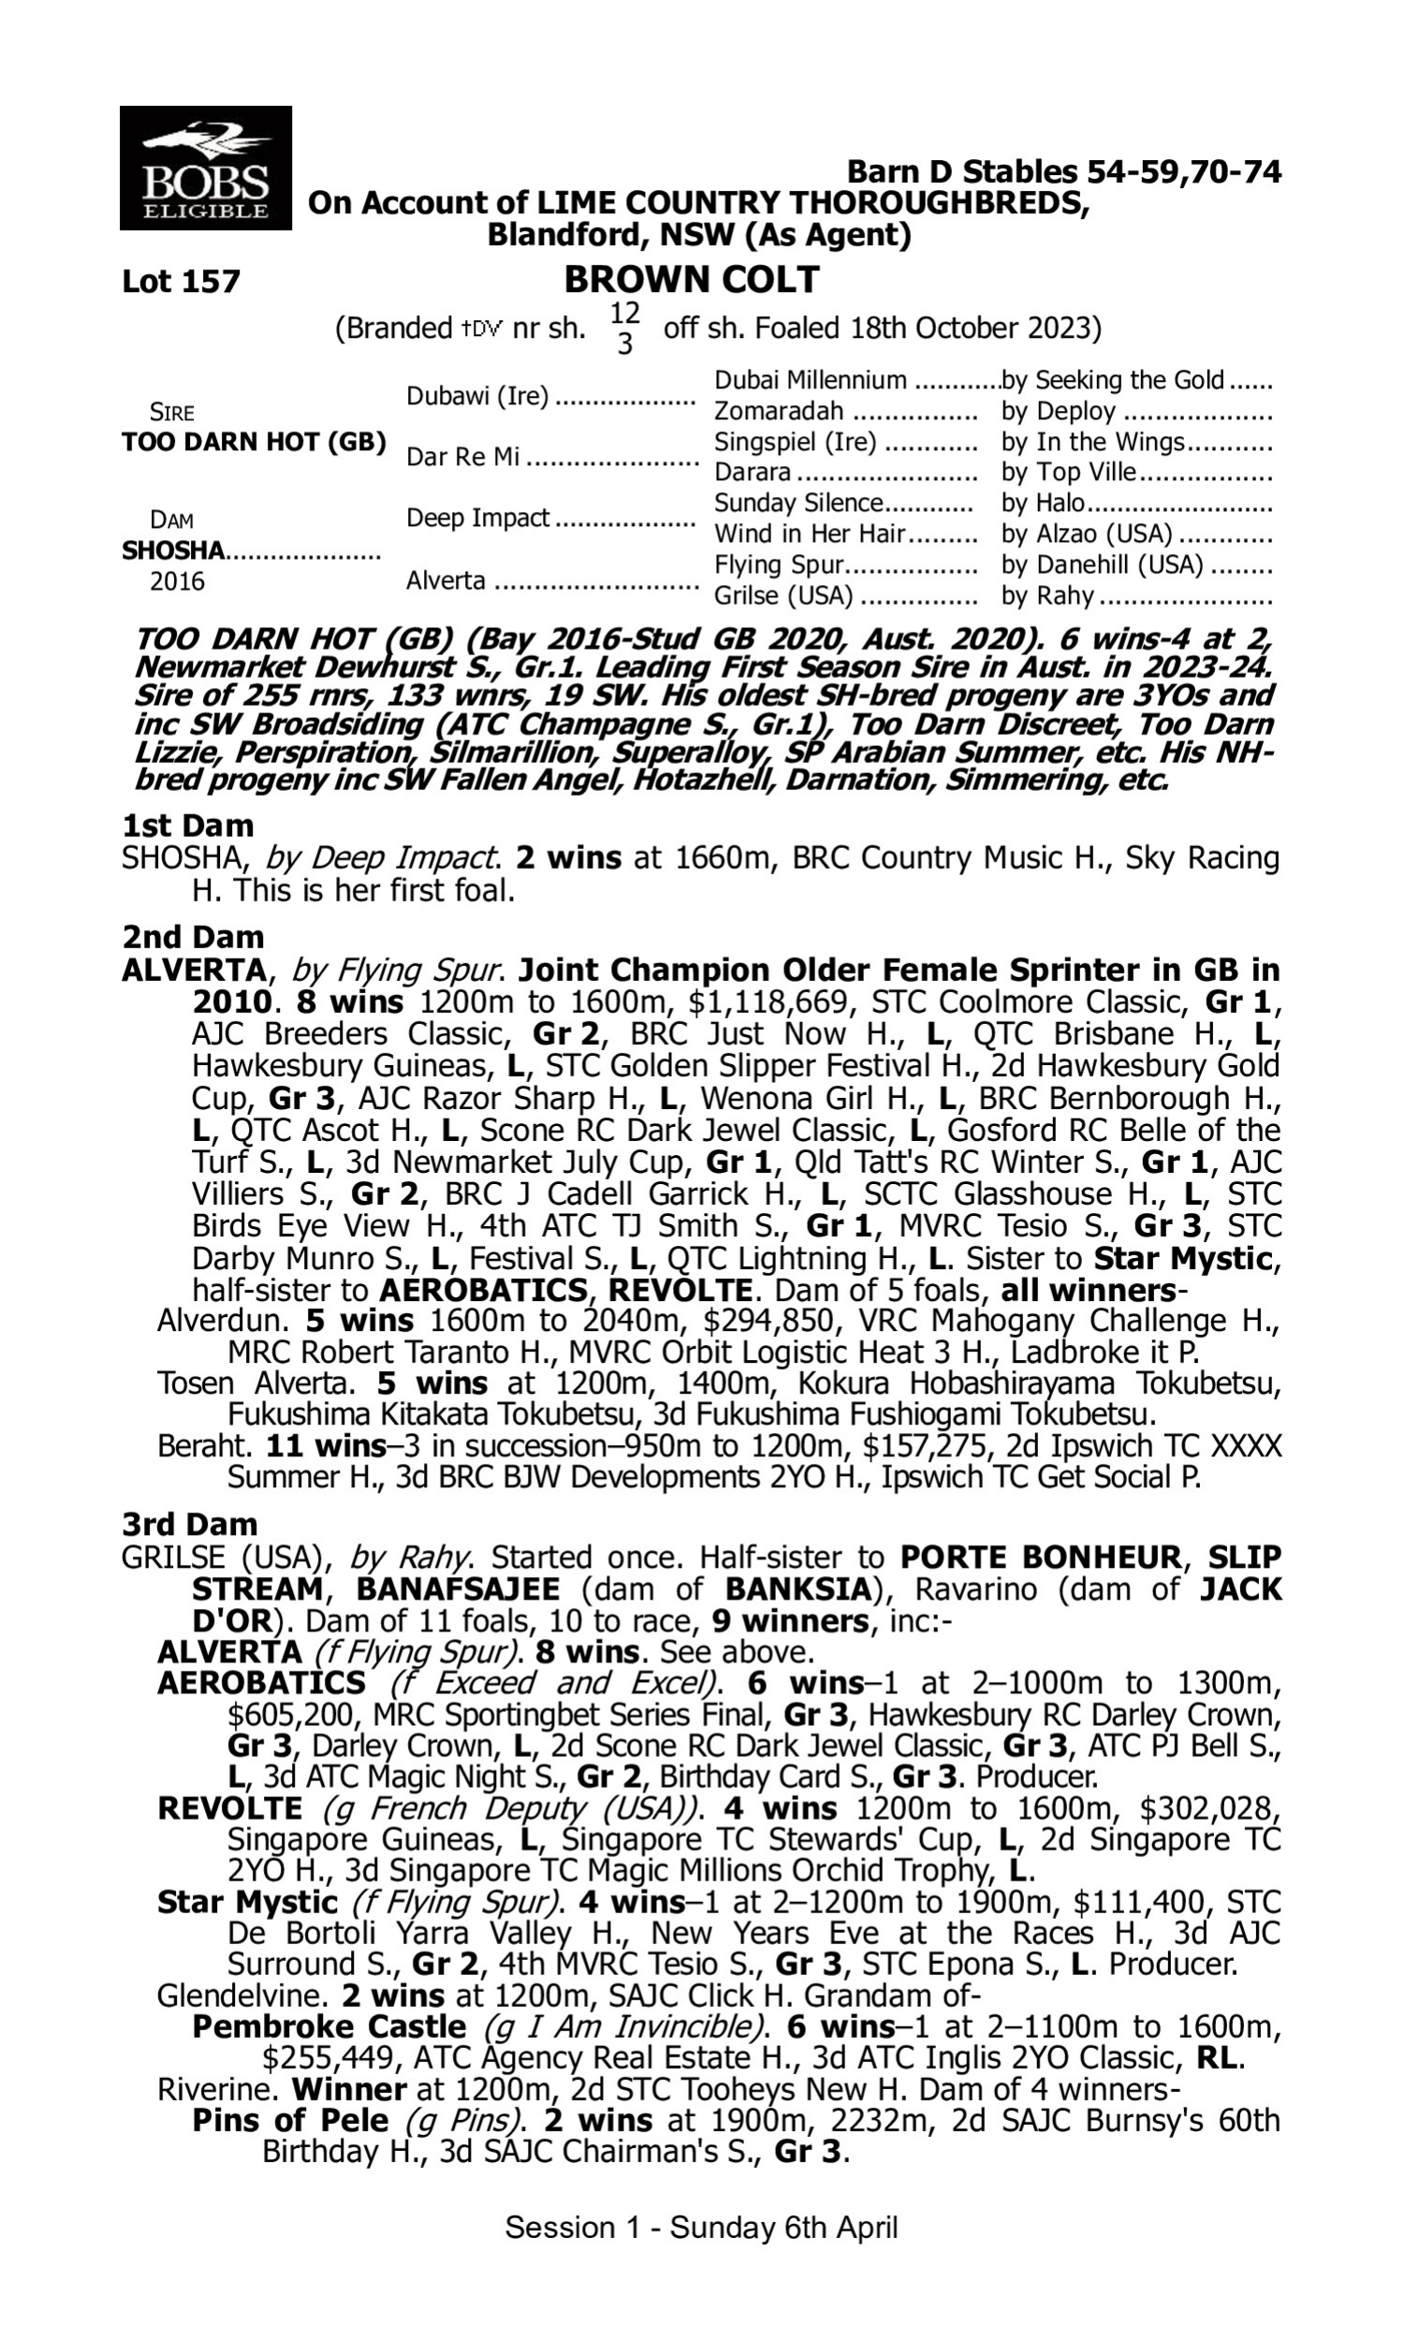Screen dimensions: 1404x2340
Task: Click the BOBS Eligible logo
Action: (205, 168)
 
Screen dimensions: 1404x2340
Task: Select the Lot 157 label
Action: (181, 281)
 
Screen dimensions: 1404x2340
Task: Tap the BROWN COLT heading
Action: (692, 280)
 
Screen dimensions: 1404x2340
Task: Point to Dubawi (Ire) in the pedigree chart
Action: (476, 395)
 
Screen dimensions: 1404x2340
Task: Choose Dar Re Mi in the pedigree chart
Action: (462, 457)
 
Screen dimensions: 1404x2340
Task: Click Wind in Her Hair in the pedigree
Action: (810, 534)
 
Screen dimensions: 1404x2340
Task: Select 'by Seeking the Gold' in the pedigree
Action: (1114, 380)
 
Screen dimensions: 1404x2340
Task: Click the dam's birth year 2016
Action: (177, 580)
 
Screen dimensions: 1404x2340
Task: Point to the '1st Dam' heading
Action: (187, 826)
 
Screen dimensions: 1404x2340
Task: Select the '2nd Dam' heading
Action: (192, 936)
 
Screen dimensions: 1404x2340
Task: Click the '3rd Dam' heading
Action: (189, 1524)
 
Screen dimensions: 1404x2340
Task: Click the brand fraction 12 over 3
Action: (624, 328)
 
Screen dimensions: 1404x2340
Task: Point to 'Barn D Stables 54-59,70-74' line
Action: (1063, 172)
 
